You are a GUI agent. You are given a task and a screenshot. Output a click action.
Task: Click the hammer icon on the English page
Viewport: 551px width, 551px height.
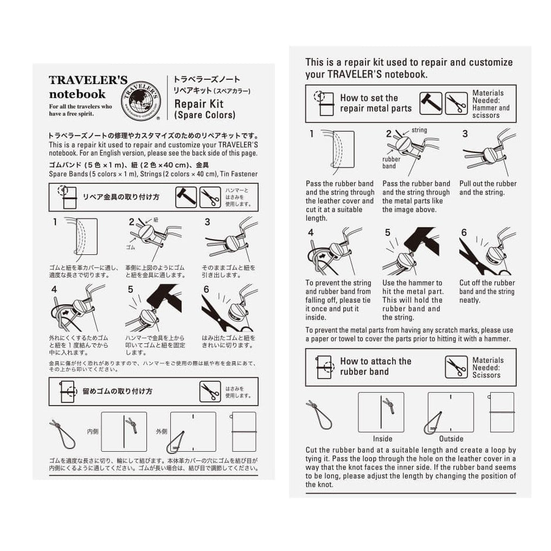[430, 103]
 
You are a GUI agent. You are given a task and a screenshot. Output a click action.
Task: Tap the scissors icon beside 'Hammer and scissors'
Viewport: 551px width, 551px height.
[456, 103]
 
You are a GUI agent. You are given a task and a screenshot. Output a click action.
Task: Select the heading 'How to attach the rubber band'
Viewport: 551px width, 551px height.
[375, 367]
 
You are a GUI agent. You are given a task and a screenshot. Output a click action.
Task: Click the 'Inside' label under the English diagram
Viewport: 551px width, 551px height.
[382, 438]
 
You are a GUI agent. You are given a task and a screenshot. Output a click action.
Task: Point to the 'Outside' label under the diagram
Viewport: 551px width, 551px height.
[451, 438]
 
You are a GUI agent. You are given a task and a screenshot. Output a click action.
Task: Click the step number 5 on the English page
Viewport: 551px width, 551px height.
[387, 233]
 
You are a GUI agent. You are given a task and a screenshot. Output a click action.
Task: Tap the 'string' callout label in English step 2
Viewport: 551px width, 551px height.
[419, 130]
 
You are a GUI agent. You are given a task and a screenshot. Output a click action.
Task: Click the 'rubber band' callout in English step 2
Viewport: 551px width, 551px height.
[391, 163]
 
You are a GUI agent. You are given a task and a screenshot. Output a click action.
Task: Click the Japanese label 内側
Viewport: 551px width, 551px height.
[93, 432]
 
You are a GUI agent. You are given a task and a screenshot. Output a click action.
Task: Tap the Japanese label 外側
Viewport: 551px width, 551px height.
[162, 432]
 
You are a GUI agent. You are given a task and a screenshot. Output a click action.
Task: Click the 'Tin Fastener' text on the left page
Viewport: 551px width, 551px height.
[240, 173]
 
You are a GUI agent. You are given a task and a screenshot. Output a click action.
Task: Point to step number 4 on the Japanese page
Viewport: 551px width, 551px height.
[54, 290]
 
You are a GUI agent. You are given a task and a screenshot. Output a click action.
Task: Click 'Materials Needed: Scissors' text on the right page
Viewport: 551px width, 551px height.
[488, 367]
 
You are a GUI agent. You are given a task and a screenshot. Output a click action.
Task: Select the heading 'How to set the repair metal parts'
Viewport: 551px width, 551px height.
[375, 103]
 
